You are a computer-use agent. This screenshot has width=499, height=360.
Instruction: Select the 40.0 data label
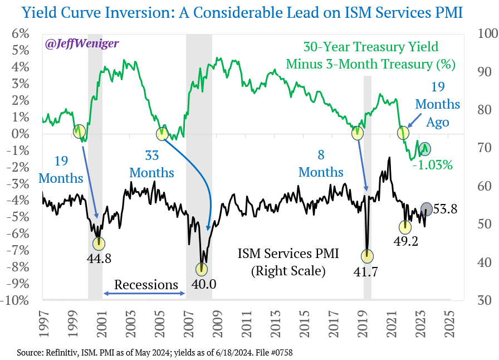click(203, 284)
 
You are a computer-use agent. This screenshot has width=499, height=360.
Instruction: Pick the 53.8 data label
click(446, 209)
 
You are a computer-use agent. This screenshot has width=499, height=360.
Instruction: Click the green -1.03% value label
click(432, 165)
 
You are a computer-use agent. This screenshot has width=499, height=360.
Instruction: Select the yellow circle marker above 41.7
click(367, 256)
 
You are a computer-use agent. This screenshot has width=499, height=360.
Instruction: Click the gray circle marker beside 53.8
click(426, 208)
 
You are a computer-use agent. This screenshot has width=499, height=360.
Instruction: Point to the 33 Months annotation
click(151, 163)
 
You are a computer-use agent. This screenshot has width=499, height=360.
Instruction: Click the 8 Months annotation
click(321, 163)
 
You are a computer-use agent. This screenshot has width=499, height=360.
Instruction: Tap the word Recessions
click(146, 285)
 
